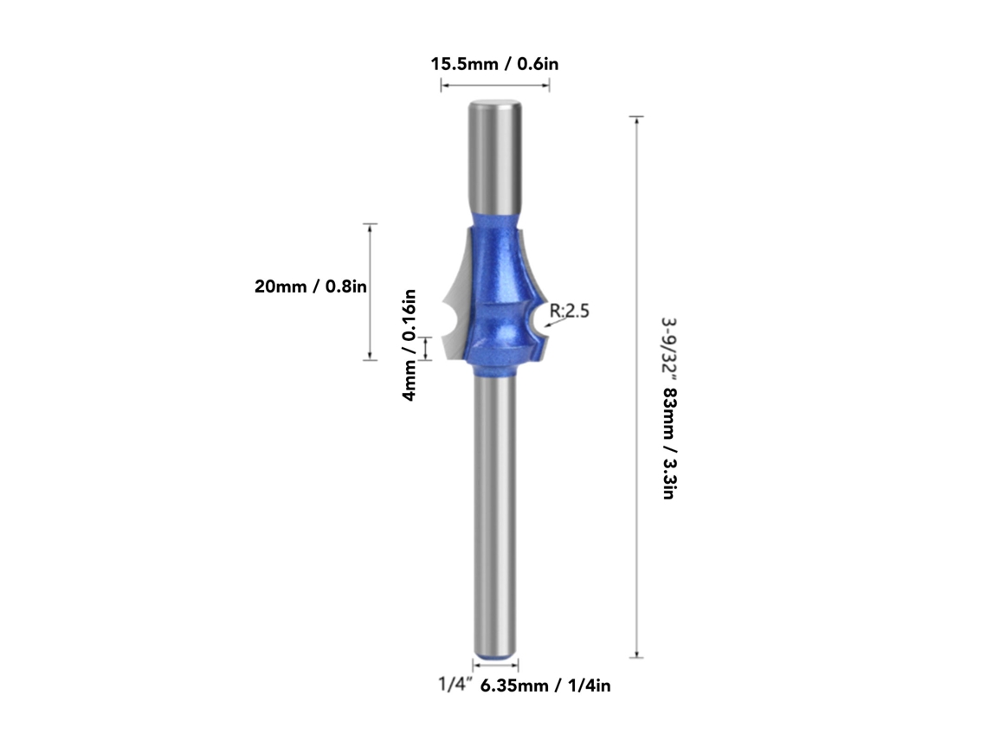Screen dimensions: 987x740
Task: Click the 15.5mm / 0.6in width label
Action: tap(494, 63)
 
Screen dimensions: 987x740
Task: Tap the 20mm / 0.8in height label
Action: tap(310, 286)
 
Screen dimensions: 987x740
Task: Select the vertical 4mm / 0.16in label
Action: tap(410, 344)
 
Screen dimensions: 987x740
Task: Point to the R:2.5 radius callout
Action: tap(569, 310)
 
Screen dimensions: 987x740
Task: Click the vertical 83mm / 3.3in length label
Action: tap(668, 443)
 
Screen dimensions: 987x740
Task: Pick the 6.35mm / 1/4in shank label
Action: tap(545, 685)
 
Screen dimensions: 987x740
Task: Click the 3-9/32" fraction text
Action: tap(668, 350)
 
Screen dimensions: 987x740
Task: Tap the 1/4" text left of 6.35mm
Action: tap(455, 684)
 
